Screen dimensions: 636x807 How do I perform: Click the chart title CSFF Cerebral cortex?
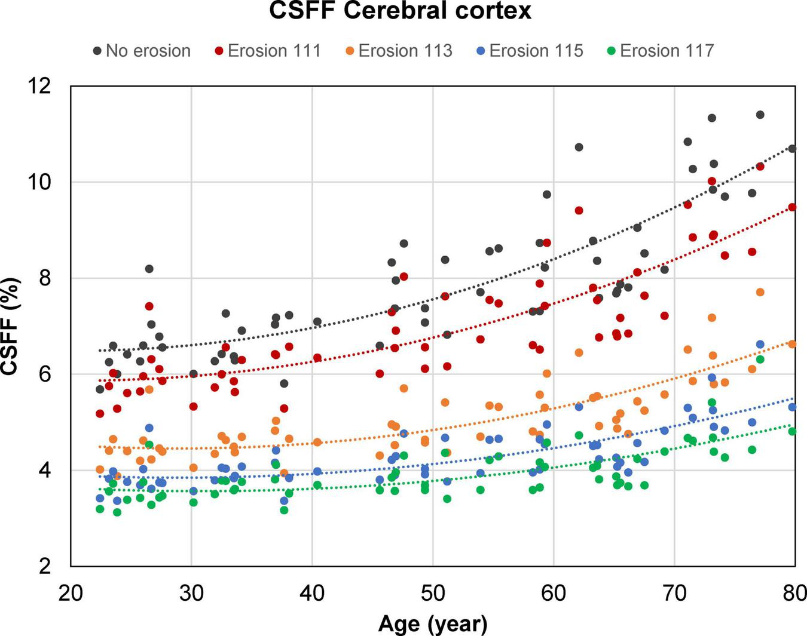[x=400, y=11]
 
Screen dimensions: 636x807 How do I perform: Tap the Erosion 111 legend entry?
[x=267, y=51]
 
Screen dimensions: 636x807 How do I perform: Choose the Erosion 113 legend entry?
[x=398, y=51]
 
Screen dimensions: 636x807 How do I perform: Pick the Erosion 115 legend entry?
[x=529, y=51]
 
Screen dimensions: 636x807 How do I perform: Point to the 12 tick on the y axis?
[x=48, y=86]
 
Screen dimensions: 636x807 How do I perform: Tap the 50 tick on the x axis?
[x=433, y=595]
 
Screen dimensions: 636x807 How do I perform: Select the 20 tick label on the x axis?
[x=71, y=595]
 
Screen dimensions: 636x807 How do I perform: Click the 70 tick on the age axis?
[x=674, y=595]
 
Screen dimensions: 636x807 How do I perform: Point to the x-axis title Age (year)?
[x=433, y=624]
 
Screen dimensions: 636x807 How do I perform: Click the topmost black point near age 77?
[x=760, y=115]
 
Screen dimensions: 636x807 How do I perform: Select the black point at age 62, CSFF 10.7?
[x=579, y=147]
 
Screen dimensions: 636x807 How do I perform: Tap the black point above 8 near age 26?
[x=149, y=269]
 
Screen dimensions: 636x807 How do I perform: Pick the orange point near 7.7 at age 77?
[x=760, y=292]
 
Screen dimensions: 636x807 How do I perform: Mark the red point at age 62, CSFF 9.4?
[x=579, y=210]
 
